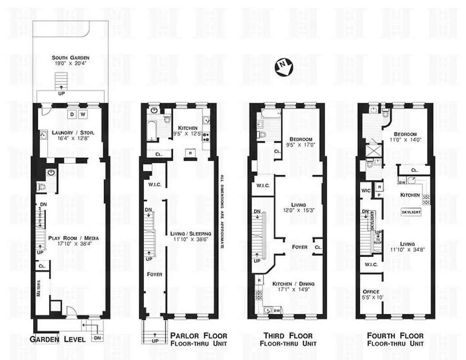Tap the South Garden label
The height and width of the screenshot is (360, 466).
point(70,58)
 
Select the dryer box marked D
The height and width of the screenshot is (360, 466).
point(72,114)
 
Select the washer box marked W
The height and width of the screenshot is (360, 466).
point(83,114)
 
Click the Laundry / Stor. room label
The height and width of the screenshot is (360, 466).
point(70,133)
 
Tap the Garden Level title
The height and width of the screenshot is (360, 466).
point(58,339)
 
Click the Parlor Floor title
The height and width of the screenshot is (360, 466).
point(199,336)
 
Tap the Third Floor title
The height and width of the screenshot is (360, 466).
point(288,336)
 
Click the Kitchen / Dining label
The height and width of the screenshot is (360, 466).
point(293,283)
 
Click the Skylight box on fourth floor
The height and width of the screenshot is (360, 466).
point(411,211)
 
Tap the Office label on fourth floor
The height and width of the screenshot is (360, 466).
point(371,292)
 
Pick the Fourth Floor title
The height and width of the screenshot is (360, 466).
point(395,336)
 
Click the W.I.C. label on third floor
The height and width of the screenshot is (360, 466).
point(262,185)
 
